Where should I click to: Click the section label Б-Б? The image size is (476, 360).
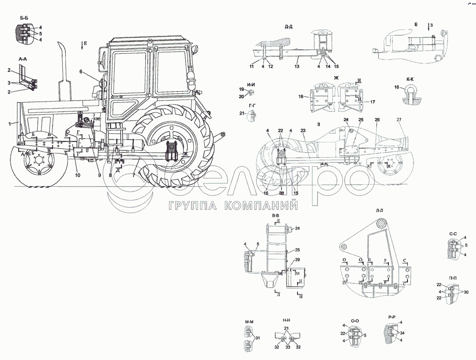[25, 19]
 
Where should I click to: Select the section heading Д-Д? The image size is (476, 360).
[288, 26]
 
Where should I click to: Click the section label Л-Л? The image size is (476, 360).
[366, 210]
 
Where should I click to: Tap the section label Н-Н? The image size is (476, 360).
[287, 321]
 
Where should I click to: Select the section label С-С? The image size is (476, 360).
[453, 234]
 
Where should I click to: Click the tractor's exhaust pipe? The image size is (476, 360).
[62, 67]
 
